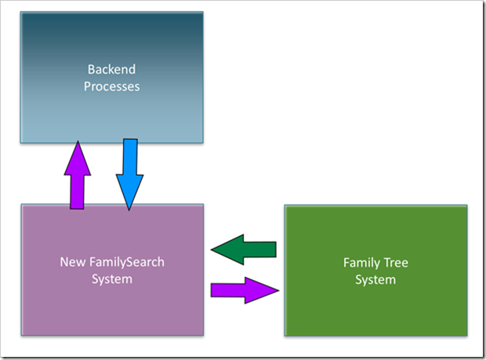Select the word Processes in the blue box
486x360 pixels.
(112, 85)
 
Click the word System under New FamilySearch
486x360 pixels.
(113, 279)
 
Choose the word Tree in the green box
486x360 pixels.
(396, 263)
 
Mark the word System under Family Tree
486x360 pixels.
(375, 280)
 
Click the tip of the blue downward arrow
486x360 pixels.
(129, 209)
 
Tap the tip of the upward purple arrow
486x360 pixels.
(77, 142)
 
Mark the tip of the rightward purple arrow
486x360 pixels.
(278, 290)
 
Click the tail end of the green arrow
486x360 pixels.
(276, 249)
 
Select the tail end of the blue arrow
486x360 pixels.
(130, 140)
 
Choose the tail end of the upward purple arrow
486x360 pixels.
(77, 209)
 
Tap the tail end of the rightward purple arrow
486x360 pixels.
(212, 290)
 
